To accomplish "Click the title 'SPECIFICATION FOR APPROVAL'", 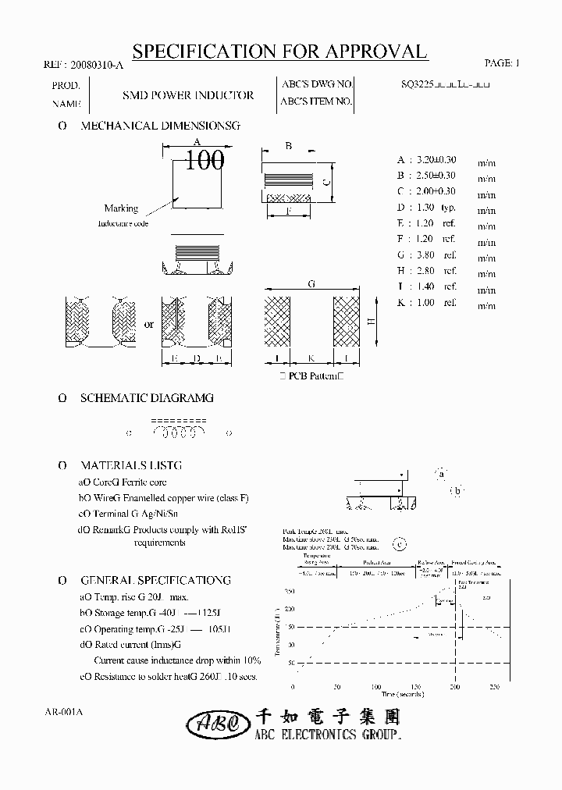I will [x=280, y=52].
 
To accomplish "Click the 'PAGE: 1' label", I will [x=500, y=62].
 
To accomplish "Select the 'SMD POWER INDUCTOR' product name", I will [x=188, y=95].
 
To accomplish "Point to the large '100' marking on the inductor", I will [x=205, y=161].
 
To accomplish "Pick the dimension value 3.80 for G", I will [x=426, y=255].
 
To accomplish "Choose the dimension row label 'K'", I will [x=400, y=303].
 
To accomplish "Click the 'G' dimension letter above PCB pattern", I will [x=311, y=285].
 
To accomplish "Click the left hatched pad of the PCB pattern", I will [x=277, y=321].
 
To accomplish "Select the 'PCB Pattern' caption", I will [x=311, y=377].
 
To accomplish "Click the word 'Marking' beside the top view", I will [x=121, y=208].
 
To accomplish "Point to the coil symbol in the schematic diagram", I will [x=179, y=431].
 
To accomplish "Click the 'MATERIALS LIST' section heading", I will [x=131, y=465].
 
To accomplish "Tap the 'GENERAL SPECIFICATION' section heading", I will [x=155, y=580].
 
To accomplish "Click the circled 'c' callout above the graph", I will [x=400, y=546].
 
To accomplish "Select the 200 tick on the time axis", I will [x=454, y=686].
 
